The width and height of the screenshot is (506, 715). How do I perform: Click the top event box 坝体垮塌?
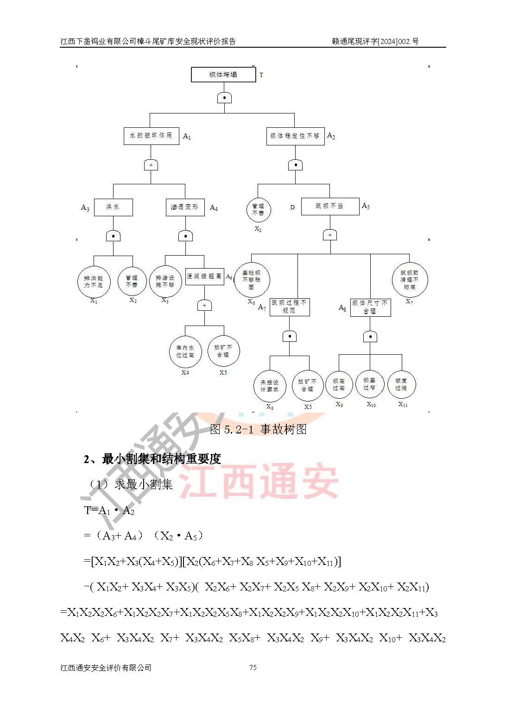click(223, 75)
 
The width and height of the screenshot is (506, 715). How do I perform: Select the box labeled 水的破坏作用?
click(151, 136)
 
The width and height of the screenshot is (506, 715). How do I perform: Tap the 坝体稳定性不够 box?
click(295, 136)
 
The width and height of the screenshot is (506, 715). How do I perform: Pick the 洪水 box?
click(113, 207)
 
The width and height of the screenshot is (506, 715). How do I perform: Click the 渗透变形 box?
click(185, 207)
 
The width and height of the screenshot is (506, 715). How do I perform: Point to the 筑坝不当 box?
click(329, 206)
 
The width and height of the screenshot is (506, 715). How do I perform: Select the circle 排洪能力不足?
click(94, 282)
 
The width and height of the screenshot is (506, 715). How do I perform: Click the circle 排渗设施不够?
click(165, 281)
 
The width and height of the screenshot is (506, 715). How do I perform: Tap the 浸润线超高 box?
click(204, 276)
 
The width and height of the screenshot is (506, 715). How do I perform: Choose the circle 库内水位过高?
click(185, 351)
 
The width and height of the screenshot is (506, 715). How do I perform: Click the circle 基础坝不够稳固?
click(252, 280)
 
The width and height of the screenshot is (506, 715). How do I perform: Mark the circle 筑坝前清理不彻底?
click(409, 280)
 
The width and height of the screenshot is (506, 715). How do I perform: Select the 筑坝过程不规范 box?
click(289, 307)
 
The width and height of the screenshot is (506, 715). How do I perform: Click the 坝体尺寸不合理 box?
click(370, 307)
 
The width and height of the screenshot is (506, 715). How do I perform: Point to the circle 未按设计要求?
click(269, 386)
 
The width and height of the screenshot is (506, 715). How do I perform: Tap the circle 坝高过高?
click(339, 385)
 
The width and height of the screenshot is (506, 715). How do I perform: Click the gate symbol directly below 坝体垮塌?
click(224, 98)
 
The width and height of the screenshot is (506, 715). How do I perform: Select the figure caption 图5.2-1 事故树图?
click(258, 429)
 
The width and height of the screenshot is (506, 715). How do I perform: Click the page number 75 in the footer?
click(253, 667)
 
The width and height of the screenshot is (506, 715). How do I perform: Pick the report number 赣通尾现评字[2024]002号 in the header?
click(375, 41)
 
